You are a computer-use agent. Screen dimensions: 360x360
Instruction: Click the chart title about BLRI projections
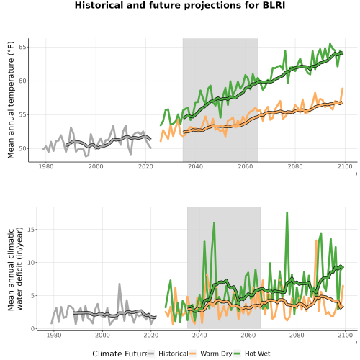pyautogui.click(x=180, y=5)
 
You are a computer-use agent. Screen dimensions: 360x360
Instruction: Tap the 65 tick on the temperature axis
pyautogui.click(x=22, y=47)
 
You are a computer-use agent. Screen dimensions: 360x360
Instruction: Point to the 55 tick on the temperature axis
pyautogui.click(x=22, y=114)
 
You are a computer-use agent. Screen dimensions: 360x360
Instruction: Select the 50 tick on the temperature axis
pyautogui.click(x=22, y=148)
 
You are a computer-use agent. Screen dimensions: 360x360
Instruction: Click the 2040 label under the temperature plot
pyautogui.click(x=195, y=166)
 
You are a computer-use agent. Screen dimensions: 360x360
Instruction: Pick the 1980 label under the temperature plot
pyautogui.click(x=46, y=166)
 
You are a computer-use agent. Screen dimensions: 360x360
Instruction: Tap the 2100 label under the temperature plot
pyautogui.click(x=345, y=166)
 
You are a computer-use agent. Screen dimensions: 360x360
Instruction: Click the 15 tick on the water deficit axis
pyautogui.click(x=31, y=230)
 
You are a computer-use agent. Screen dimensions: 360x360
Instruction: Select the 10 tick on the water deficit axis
pyautogui.click(x=31, y=263)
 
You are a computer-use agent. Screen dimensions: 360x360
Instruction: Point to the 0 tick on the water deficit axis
pyautogui.click(x=32, y=329)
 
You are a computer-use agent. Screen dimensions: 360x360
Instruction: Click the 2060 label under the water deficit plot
pyautogui.click(x=248, y=335)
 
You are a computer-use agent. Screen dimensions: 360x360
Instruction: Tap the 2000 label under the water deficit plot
pyautogui.click(x=102, y=335)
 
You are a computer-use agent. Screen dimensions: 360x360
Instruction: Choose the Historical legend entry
pyautogui.click(x=168, y=354)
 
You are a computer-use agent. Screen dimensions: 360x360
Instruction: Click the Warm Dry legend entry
pyautogui.click(x=211, y=354)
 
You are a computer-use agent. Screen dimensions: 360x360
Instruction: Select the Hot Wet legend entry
pyautogui.click(x=251, y=354)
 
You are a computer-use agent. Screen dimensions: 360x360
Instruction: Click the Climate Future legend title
pyautogui.click(x=120, y=354)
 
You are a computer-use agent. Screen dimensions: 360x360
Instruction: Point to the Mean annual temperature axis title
pyautogui.click(x=11, y=100)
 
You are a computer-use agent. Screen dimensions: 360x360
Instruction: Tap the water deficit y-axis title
pyautogui.click(x=15, y=269)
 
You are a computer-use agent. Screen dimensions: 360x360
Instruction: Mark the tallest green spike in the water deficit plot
pyautogui.click(x=287, y=212)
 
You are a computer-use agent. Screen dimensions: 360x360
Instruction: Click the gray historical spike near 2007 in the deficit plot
pyautogui.click(x=120, y=284)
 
